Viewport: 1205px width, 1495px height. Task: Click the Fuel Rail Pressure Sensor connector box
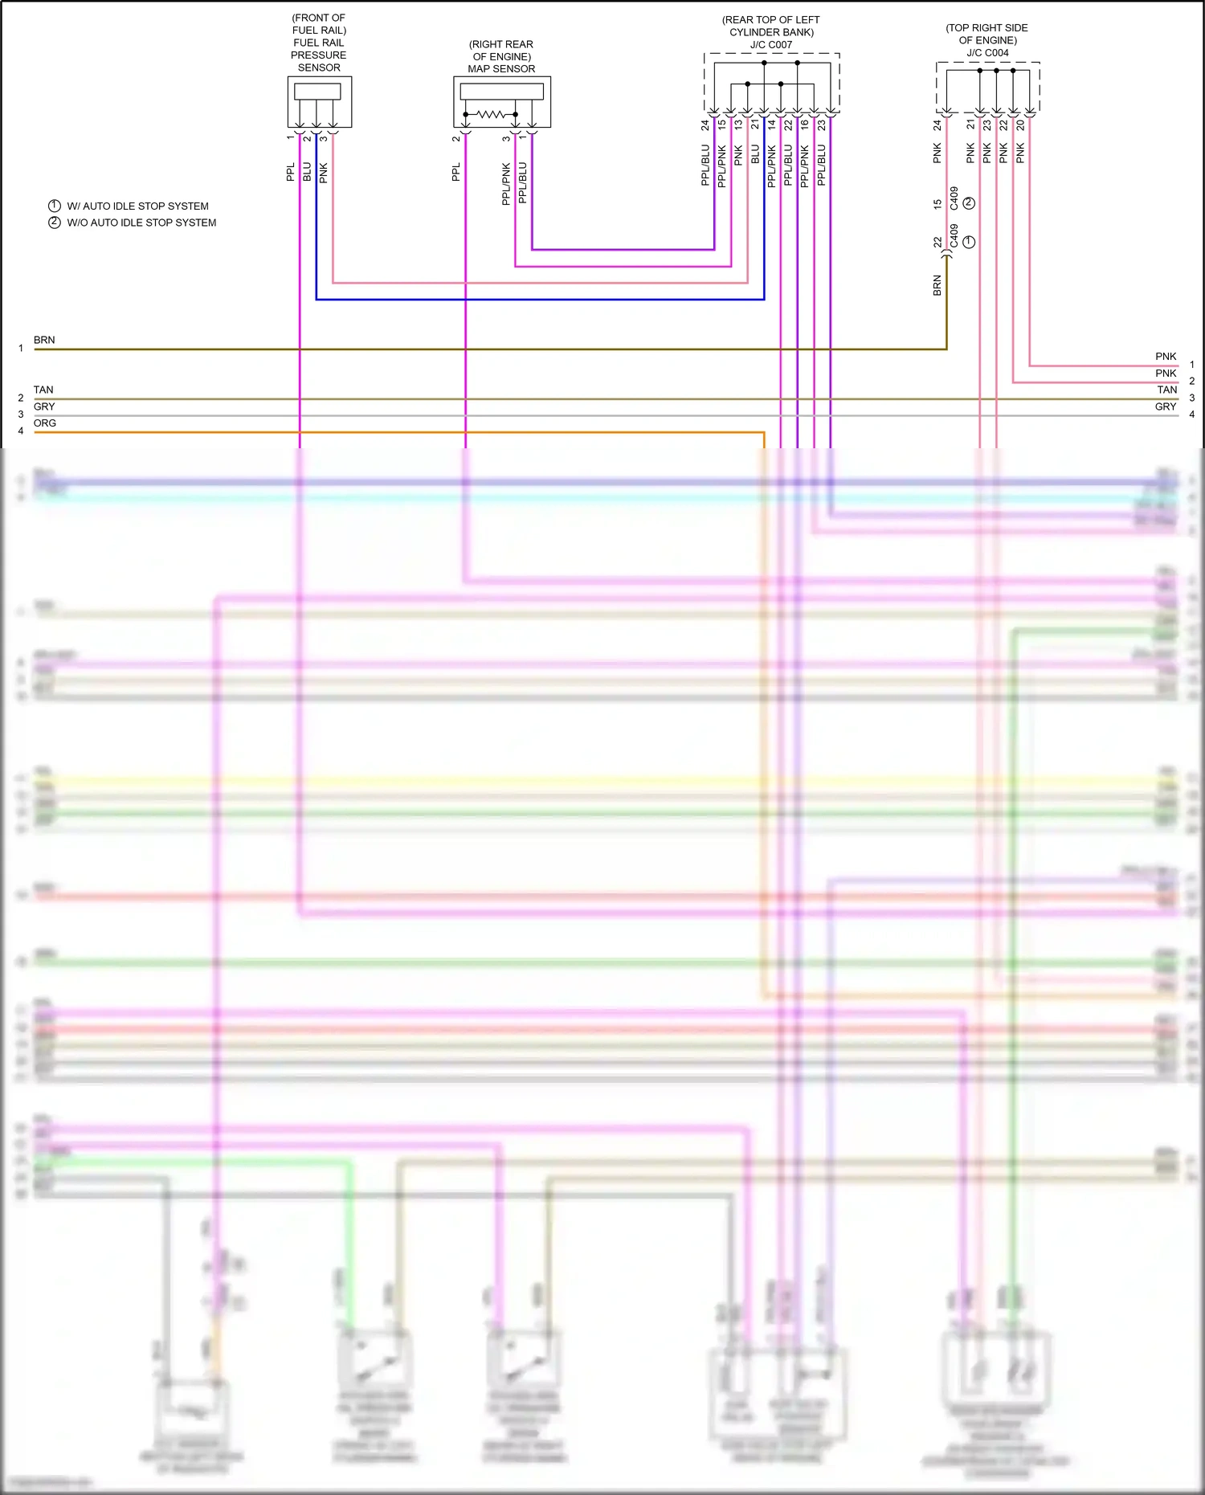click(x=320, y=101)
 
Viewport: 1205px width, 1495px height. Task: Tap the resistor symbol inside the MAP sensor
click(x=492, y=115)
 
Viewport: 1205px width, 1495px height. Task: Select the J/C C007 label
click(x=771, y=45)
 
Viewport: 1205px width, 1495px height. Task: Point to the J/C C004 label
click(x=987, y=53)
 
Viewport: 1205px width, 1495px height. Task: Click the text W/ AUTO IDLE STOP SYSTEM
click(x=137, y=206)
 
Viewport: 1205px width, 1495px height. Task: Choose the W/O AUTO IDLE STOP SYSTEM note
click(x=141, y=223)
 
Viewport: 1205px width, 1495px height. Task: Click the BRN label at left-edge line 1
click(x=44, y=341)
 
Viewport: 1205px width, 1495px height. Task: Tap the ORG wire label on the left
click(x=45, y=423)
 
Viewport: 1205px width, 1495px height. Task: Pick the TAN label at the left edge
click(x=43, y=390)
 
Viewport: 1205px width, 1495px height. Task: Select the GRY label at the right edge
click(x=1166, y=407)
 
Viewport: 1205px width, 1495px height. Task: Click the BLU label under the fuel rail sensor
click(x=307, y=171)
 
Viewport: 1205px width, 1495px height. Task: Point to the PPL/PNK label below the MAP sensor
click(x=506, y=184)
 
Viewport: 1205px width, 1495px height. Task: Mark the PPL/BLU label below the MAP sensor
click(x=523, y=182)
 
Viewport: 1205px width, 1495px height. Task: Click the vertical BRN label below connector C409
click(x=937, y=285)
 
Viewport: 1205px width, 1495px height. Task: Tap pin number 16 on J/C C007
click(x=805, y=125)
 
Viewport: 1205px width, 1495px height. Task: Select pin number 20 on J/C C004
click(x=1020, y=125)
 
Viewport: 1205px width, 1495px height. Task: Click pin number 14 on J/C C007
click(x=772, y=125)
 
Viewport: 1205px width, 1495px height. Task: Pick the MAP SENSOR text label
click(x=501, y=69)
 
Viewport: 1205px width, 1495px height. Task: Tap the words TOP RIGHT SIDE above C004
click(x=986, y=28)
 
